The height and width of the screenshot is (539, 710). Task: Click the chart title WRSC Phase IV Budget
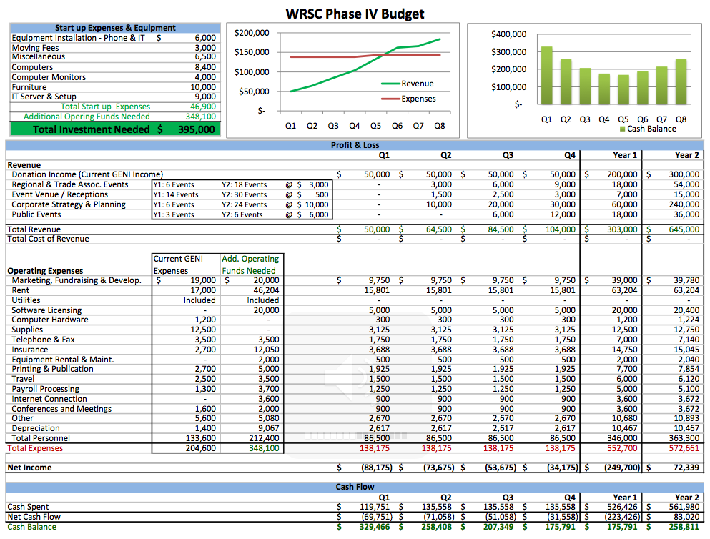(x=355, y=14)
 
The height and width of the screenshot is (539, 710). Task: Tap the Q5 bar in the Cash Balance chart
(x=623, y=92)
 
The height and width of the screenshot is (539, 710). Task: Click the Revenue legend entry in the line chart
(x=417, y=84)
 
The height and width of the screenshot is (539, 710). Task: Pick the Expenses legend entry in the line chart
(x=418, y=99)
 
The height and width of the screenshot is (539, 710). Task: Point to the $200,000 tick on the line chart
(x=252, y=33)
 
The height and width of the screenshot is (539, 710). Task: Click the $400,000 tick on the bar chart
(x=509, y=34)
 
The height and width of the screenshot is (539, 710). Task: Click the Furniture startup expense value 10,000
(x=203, y=87)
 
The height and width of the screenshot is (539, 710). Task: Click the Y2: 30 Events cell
(x=244, y=194)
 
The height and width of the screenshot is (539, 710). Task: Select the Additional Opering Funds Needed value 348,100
(x=200, y=117)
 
